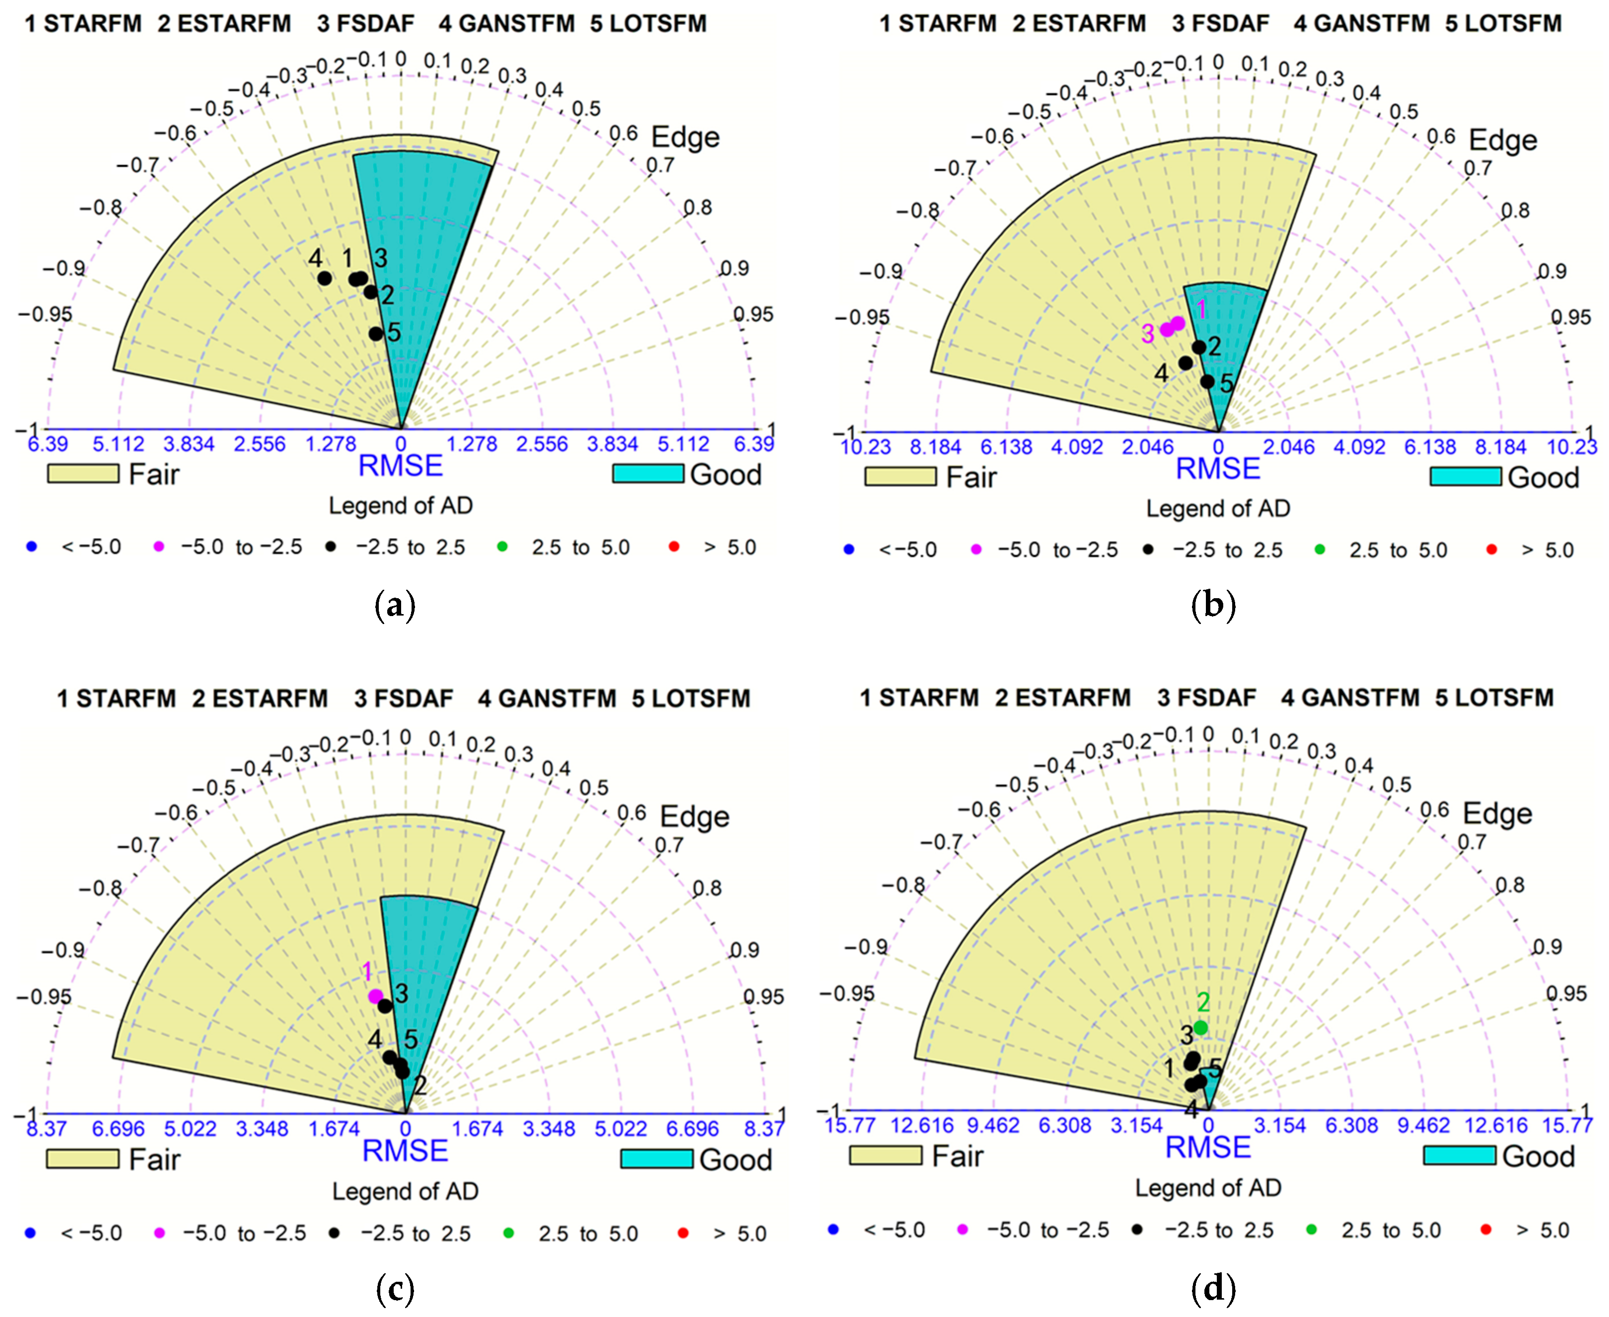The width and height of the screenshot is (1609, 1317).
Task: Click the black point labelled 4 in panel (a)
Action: pyautogui.click(x=324, y=278)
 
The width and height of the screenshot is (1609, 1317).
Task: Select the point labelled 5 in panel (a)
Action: pyautogui.click(x=375, y=334)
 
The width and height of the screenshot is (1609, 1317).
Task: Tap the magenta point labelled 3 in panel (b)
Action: pyautogui.click(x=1167, y=329)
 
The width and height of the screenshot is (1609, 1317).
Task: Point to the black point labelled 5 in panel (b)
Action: pyautogui.click(x=1207, y=381)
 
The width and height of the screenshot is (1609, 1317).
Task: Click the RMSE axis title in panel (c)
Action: pyautogui.click(x=405, y=1151)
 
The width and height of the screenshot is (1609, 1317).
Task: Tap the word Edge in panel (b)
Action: pyautogui.click(x=1502, y=140)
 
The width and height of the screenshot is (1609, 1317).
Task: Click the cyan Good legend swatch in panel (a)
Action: pyautogui.click(x=648, y=474)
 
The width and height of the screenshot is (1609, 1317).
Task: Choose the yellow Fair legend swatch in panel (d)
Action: pyautogui.click(x=885, y=1155)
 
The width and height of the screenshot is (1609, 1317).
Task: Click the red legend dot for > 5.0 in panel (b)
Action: pyautogui.click(x=1491, y=549)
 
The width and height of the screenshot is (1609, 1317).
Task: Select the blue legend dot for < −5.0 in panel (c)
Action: pyautogui.click(x=30, y=1233)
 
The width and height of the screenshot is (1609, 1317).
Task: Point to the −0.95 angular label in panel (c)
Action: pyautogui.click(x=44, y=996)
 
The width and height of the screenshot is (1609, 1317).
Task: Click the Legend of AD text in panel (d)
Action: pyautogui.click(x=1208, y=1188)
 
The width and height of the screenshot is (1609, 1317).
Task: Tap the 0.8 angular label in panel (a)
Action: pyautogui.click(x=697, y=207)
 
